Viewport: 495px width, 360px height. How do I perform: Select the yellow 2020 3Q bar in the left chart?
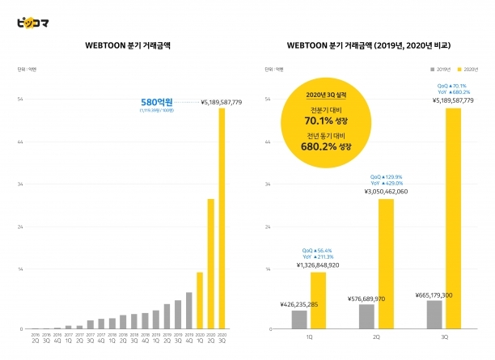[x=222, y=218]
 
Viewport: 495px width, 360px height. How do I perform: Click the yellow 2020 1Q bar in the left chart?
[x=200, y=300]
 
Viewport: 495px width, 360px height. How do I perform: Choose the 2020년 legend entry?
[x=463, y=67]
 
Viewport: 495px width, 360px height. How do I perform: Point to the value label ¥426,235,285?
[x=300, y=305]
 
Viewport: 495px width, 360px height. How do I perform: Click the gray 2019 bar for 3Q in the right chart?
[x=434, y=315]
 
